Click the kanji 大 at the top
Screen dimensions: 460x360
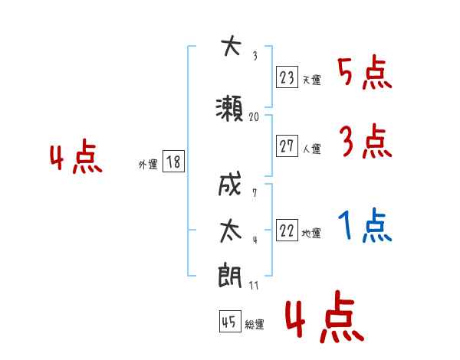pyautogui.click(x=231, y=46)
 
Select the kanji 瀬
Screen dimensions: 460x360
pyautogui.click(x=229, y=109)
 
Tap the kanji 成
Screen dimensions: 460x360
pyautogui.click(x=230, y=184)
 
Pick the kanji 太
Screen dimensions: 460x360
pyautogui.click(x=231, y=231)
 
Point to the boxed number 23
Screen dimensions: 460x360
pyautogui.click(x=287, y=77)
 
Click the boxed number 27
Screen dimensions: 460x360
pyautogui.click(x=287, y=146)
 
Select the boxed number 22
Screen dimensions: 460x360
pyautogui.click(x=287, y=230)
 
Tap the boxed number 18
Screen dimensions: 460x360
pyautogui.click(x=173, y=162)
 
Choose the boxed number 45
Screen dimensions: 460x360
pyautogui.click(x=230, y=321)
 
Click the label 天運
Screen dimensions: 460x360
pyautogui.click(x=312, y=80)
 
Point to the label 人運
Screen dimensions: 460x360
pyautogui.click(x=312, y=149)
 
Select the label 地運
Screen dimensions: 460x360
pyautogui.click(x=311, y=234)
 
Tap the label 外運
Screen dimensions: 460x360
pyautogui.click(x=148, y=165)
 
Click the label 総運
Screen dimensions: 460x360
pyautogui.click(x=255, y=325)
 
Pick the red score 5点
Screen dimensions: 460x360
pyautogui.click(x=365, y=74)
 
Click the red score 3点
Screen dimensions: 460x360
pyautogui.click(x=366, y=141)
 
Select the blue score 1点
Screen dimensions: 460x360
pyautogui.click(x=365, y=225)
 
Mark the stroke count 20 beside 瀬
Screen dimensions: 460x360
pyautogui.click(x=254, y=117)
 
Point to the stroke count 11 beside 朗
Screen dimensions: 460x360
pyautogui.click(x=254, y=285)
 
